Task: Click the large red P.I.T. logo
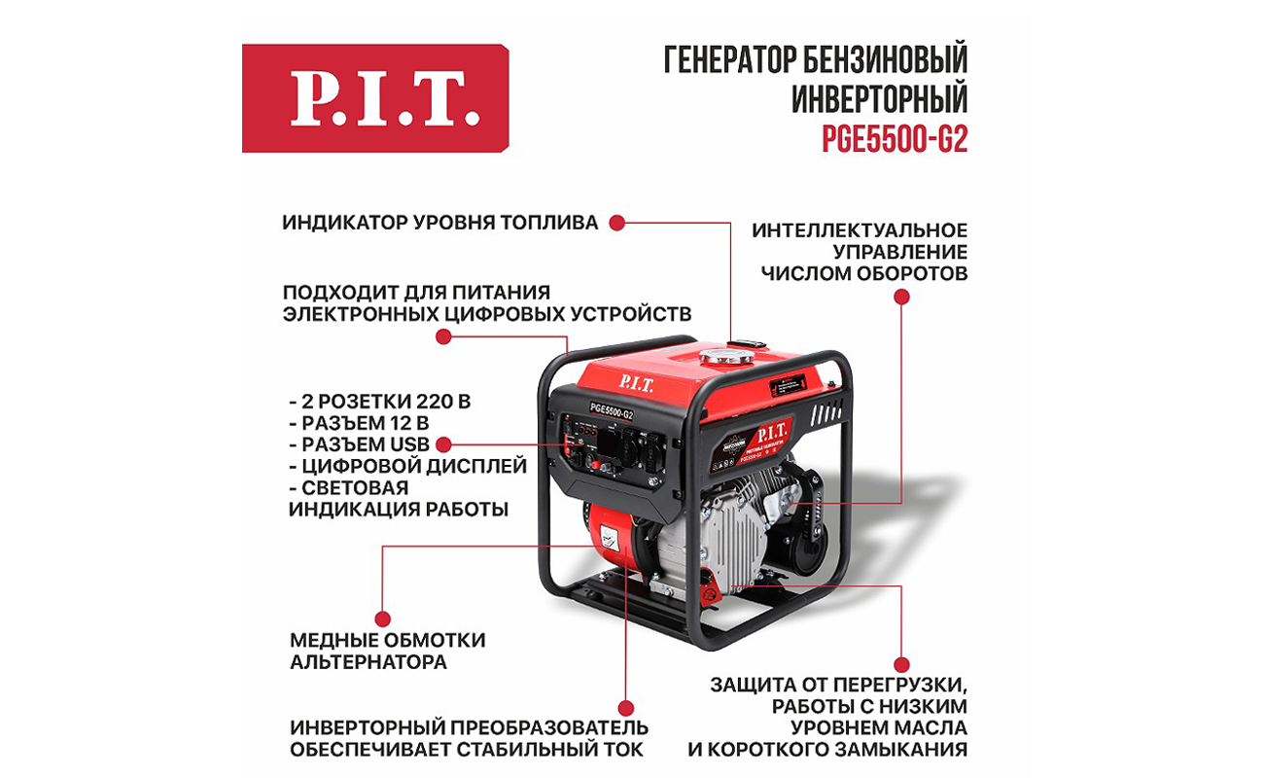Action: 375,98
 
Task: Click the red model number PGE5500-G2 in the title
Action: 895,139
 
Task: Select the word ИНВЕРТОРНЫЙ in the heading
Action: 880,99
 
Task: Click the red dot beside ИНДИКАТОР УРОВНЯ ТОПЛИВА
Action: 616,223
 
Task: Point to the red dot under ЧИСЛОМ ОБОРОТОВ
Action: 901,297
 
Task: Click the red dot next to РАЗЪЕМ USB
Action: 443,444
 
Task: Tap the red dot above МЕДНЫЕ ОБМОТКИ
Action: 382,619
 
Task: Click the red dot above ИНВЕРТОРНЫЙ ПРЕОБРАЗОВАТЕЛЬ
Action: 626,708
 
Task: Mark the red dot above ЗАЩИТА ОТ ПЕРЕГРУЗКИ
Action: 901,664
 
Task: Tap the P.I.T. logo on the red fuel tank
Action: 636,384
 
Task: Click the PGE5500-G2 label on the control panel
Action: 612,411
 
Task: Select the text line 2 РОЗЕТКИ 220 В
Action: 380,402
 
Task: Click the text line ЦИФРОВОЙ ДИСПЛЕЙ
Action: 408,467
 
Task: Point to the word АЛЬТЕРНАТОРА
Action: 369,661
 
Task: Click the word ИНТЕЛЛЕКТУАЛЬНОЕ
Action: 860,230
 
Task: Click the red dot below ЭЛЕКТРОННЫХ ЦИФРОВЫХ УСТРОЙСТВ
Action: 443,337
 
